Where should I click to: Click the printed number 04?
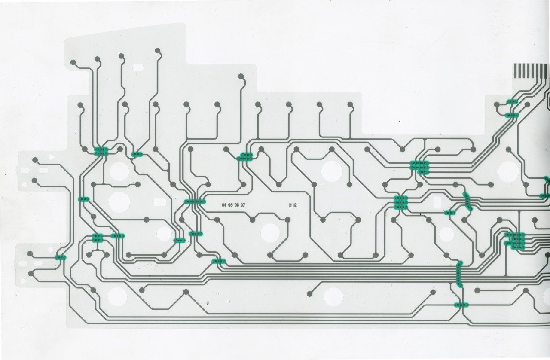tap(224, 205)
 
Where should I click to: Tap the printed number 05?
tap(230, 205)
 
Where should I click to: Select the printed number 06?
tap(237, 205)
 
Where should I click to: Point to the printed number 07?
tap(243, 205)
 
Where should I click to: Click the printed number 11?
tap(290, 205)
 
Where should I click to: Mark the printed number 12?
tap(295, 205)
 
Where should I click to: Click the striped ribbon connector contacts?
tap(531, 71)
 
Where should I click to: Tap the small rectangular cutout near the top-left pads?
tap(138, 67)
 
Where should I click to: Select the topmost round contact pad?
tap(158, 50)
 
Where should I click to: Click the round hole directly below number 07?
tap(270, 232)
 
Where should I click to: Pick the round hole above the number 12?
tap(332, 171)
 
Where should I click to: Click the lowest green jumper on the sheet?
tap(461, 305)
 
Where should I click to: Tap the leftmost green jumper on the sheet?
tap(61, 257)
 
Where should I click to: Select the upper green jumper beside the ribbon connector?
tap(512, 102)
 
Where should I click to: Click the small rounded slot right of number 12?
tap(437, 202)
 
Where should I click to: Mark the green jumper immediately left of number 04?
tap(195, 201)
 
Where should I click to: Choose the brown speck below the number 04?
tap(208, 303)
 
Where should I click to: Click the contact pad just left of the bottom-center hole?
tap(310, 294)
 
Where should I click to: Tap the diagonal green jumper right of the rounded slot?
tap(467, 201)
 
